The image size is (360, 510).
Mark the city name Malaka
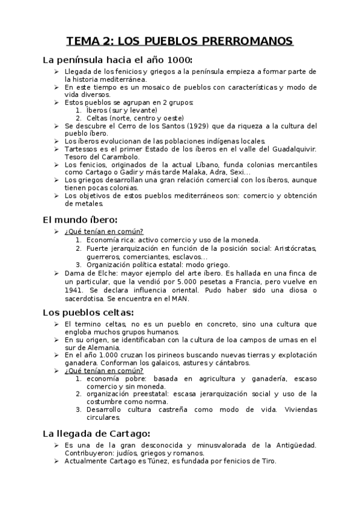[x=195, y=173]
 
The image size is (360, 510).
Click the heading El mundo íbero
[x=80, y=219]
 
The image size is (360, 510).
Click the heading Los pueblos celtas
[x=88, y=312]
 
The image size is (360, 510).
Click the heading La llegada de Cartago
[x=96, y=434]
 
